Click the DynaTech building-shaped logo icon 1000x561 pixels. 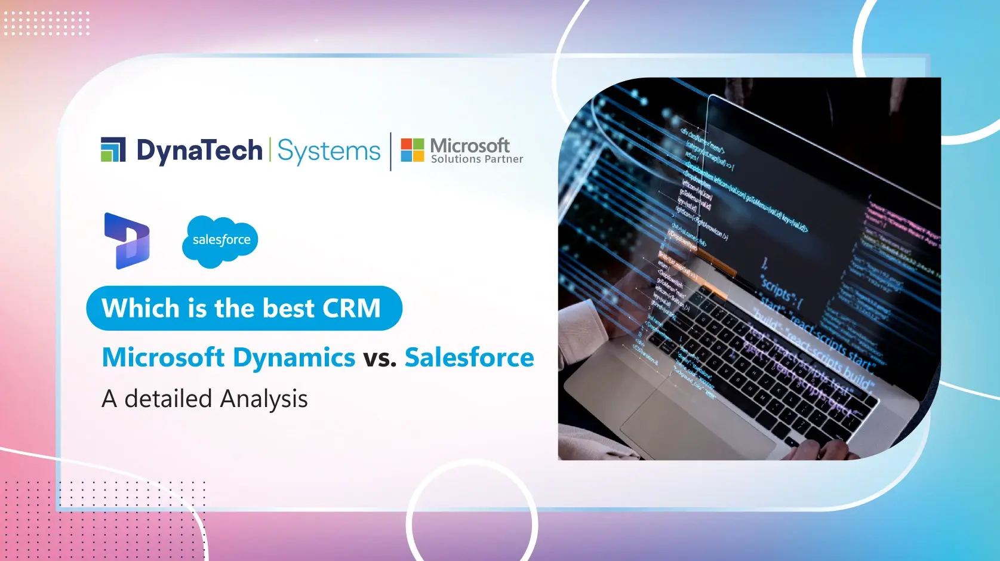click(113, 149)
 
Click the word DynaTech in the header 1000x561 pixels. click(199, 150)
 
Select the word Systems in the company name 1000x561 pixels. click(328, 150)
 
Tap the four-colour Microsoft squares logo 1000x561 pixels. click(412, 150)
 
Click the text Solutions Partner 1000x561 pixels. click(476, 159)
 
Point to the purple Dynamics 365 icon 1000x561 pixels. click(127, 241)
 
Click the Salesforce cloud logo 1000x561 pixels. click(220, 241)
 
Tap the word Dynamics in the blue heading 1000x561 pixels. click(294, 357)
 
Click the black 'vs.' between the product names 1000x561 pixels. click(380, 358)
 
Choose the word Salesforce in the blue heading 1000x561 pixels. click(469, 357)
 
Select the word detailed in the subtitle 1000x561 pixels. click(168, 399)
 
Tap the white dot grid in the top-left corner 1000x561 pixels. click(47, 23)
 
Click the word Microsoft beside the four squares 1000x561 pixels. click(470, 145)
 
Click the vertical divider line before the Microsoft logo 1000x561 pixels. click(391, 152)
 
